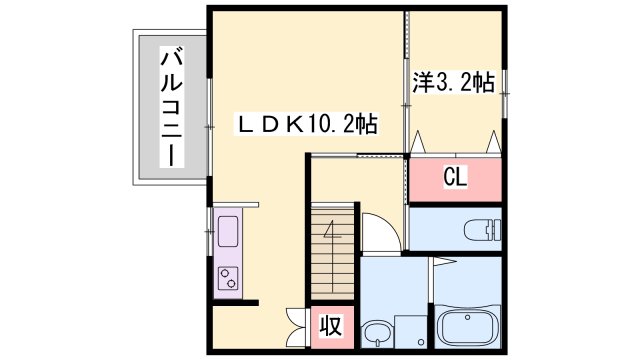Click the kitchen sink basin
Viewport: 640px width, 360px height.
[226, 233]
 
